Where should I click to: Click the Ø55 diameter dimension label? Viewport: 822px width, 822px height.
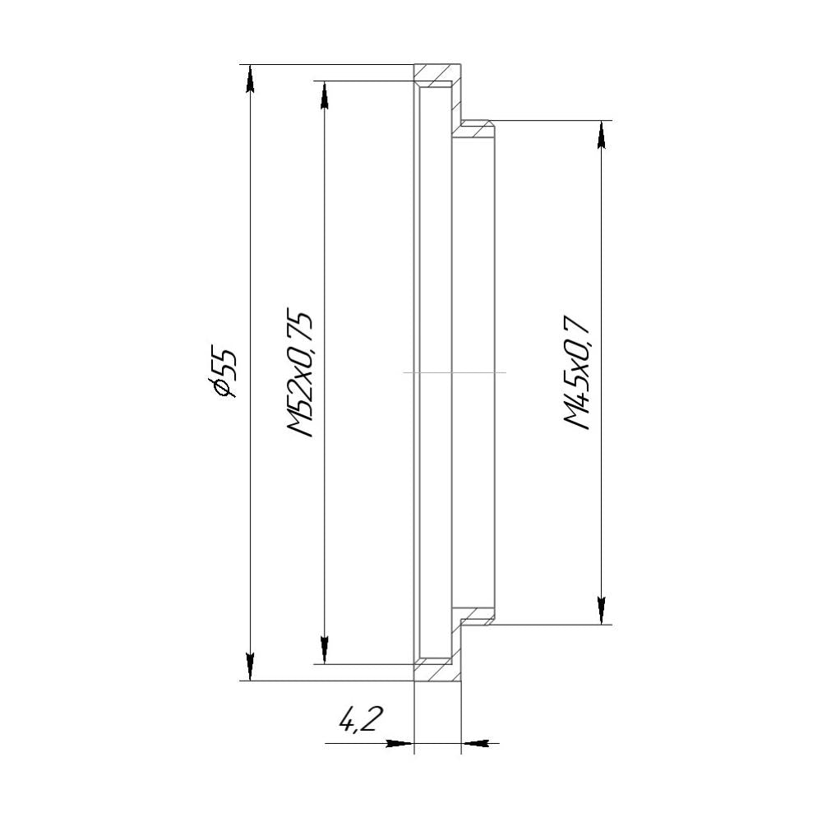224,372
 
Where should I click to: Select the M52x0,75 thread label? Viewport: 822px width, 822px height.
298,374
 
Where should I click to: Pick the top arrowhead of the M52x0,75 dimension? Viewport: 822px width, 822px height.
325,95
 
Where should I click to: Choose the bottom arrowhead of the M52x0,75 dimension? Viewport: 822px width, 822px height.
325,649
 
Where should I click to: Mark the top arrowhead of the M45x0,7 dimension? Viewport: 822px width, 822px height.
603,134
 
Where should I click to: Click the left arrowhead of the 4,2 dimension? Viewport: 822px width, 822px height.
399,744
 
